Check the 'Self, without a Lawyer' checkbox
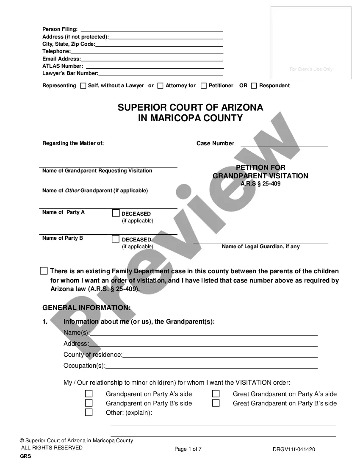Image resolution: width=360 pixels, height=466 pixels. coord(83,86)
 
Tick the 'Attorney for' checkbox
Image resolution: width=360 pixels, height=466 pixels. coord(160,86)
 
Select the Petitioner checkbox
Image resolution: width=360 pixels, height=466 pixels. coord(204,86)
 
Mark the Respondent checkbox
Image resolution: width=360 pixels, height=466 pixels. coord(254,86)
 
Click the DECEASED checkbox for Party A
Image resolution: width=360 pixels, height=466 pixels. coord(116,213)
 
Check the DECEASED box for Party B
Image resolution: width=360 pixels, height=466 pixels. coord(116,239)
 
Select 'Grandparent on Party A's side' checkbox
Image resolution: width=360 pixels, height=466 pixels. coord(89,394)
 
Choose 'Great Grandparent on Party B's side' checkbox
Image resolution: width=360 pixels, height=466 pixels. coord(216,403)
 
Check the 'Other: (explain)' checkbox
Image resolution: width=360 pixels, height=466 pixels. coord(89,412)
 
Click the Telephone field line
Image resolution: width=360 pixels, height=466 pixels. coord(147,52)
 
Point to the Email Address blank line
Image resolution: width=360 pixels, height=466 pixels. coord(152,59)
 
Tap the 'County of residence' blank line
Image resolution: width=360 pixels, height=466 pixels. coord(220,355)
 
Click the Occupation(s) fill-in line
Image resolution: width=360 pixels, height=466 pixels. coord(211,366)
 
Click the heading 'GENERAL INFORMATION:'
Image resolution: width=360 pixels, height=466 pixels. coord(86,308)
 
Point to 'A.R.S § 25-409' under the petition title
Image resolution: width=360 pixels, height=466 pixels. coord(260,184)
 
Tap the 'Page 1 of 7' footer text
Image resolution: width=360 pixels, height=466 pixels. coord(188,449)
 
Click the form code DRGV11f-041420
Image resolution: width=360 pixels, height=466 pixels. coord(294,450)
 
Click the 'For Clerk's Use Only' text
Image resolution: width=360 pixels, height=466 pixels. coord(311,69)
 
